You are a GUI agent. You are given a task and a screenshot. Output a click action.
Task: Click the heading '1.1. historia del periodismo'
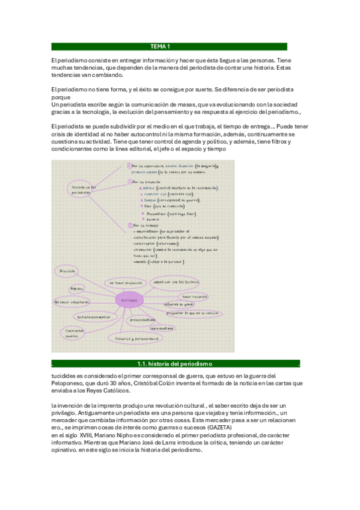click(174, 364)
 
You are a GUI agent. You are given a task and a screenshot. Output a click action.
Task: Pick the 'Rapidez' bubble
click(77, 288)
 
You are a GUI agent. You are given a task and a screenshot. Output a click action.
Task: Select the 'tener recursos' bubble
click(194, 296)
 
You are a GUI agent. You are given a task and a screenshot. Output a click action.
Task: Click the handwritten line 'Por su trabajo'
click(144, 226)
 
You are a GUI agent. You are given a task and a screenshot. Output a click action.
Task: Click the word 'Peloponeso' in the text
click(72, 383)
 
